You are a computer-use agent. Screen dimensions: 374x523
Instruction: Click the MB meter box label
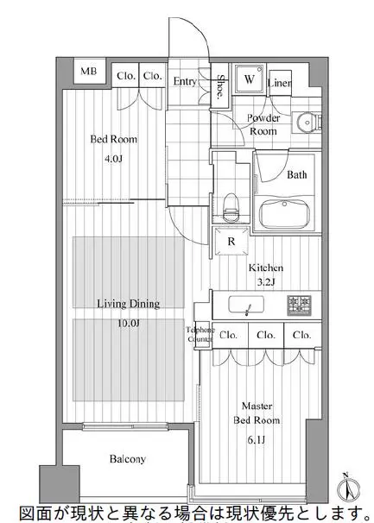[88, 71]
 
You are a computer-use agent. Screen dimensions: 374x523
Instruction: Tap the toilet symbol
[231, 207]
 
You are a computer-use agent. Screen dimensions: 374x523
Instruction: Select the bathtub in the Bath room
[284, 214]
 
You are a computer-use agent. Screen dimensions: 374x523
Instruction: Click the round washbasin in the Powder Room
[307, 122]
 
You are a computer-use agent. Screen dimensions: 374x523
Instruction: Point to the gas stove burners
[299, 305]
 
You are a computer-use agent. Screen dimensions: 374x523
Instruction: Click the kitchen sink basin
[246, 305]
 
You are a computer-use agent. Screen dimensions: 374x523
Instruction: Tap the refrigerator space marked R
[231, 241]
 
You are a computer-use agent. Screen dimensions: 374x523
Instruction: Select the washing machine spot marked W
[249, 79]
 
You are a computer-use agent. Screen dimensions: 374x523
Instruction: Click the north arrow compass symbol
[348, 488]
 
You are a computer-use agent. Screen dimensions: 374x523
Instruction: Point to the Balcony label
[128, 459]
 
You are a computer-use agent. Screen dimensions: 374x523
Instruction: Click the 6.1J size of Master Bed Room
[257, 440]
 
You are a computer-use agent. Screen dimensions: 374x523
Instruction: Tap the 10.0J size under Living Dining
[129, 323]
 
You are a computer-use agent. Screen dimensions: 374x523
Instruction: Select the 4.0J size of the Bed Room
[113, 159]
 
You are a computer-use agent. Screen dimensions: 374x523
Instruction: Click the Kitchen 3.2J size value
[266, 282]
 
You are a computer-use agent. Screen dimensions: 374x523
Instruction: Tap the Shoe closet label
[220, 86]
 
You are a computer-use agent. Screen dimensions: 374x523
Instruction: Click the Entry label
[185, 82]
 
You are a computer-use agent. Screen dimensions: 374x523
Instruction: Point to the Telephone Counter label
[200, 334]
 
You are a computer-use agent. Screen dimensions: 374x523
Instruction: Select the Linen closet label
[280, 82]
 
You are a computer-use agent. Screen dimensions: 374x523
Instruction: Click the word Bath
[297, 174]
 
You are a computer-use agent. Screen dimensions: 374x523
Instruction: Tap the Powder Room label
[263, 124]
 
